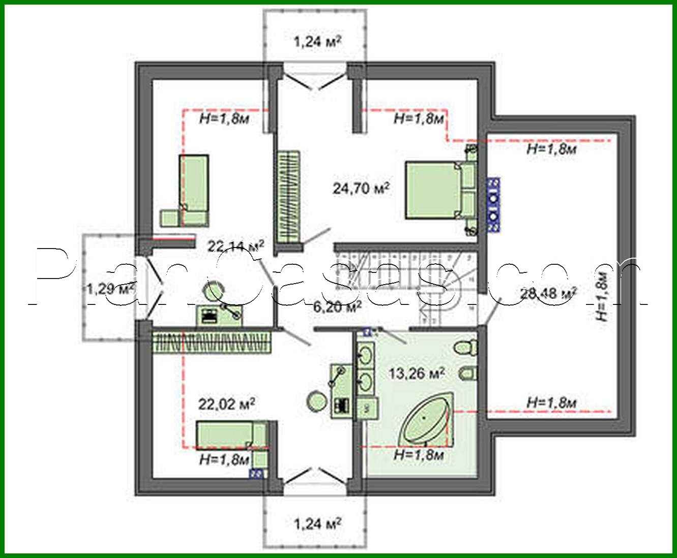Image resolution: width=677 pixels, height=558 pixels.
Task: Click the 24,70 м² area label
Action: click(361, 189)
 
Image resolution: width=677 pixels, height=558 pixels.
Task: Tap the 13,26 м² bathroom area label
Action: click(417, 374)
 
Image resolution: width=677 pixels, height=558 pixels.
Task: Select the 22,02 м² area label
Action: click(226, 405)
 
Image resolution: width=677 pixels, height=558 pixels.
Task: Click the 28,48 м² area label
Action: click(548, 293)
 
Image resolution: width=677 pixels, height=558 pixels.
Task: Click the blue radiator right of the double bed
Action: click(492, 205)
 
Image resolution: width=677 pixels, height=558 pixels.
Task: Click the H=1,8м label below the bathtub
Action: click(419, 455)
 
